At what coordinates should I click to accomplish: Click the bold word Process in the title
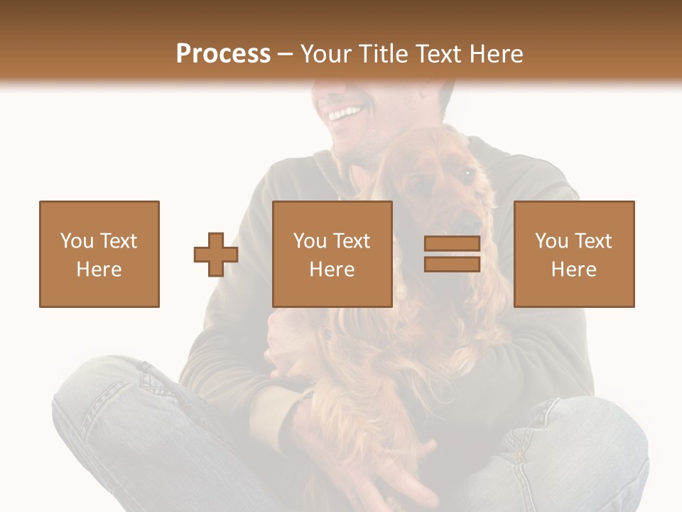click(x=223, y=54)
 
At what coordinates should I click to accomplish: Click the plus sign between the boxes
click(x=216, y=254)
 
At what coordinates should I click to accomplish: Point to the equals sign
click(x=452, y=254)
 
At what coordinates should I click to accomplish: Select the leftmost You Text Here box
click(x=99, y=254)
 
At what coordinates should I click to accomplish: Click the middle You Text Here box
click(x=332, y=254)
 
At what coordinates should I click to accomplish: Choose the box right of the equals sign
click(x=574, y=254)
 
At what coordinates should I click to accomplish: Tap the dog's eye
click(x=467, y=173)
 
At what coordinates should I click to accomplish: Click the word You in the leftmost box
click(x=77, y=241)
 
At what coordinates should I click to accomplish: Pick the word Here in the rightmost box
click(x=574, y=269)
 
